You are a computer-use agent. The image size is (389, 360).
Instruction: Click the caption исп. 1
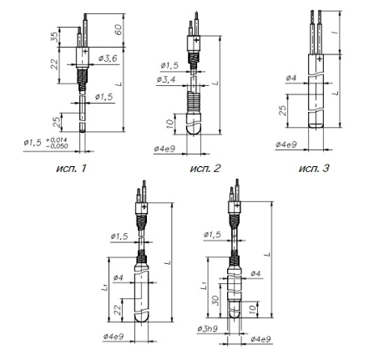71,168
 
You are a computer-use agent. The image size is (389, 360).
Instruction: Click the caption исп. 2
205,168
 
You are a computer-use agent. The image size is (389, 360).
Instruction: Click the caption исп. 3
314,168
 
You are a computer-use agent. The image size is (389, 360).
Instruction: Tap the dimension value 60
119,30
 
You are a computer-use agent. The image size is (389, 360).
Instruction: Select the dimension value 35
55,37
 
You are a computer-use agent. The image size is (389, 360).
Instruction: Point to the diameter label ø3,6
108,58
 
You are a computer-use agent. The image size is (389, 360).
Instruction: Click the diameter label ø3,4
166,79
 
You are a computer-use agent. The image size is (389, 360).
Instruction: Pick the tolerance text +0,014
57,139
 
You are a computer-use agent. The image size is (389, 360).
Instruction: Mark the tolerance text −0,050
57,146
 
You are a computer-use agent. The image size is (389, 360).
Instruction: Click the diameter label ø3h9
208,329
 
